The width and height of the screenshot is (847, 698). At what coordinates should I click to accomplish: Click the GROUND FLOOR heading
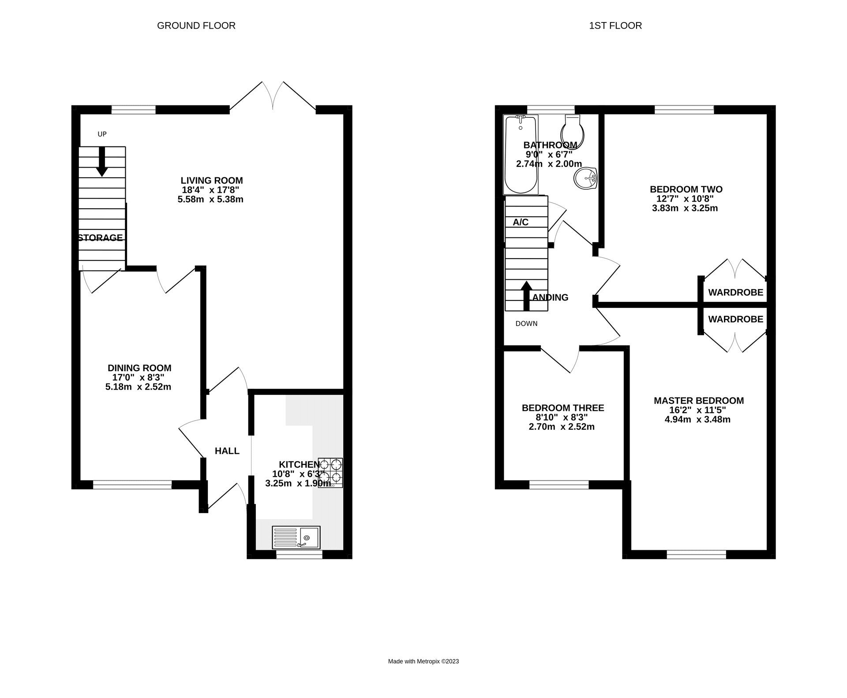[196, 26]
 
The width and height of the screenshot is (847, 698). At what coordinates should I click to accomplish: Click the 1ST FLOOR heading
[615, 26]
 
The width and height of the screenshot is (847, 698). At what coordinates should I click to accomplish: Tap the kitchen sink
[296, 537]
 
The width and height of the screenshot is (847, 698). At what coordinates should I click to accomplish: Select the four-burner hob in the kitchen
[330, 473]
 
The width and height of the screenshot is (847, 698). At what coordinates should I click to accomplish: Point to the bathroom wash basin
[585, 179]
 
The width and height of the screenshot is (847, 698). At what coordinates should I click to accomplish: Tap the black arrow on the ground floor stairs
[102, 161]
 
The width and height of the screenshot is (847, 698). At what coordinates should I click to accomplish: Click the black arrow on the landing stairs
[526, 296]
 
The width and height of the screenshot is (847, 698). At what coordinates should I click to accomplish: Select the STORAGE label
[101, 238]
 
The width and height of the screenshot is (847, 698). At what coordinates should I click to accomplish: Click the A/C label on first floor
[521, 222]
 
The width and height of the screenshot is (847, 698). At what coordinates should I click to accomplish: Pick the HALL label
[227, 451]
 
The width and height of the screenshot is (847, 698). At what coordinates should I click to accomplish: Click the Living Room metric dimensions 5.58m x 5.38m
[210, 199]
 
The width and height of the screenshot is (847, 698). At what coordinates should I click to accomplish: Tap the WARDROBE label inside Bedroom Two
[735, 293]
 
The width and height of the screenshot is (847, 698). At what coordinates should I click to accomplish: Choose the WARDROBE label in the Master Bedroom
[735, 319]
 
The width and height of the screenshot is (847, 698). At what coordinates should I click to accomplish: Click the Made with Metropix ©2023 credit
[423, 661]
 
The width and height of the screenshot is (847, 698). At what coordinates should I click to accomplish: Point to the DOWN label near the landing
[526, 323]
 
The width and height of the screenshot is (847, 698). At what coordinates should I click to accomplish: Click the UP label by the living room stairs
[102, 134]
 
